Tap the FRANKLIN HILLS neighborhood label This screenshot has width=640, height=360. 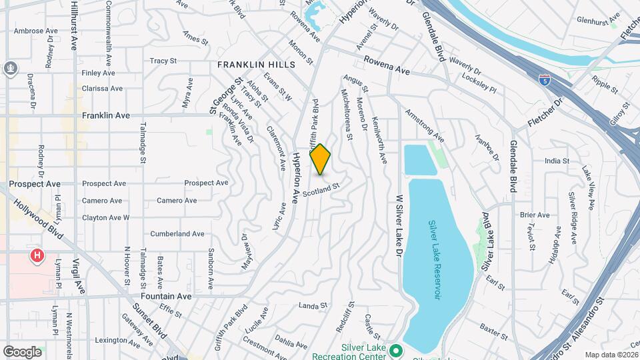[x=250, y=65]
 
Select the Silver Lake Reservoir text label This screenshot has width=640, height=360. [x=436, y=260]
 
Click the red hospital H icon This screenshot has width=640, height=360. [x=37, y=255]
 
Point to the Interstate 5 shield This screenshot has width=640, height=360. [x=545, y=79]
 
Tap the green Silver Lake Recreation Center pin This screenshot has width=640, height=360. [x=396, y=349]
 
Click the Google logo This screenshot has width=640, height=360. [x=22, y=351]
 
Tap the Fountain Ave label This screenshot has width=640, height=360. [x=166, y=296]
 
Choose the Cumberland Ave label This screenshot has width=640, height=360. [x=177, y=234]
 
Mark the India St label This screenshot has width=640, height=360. [x=557, y=161]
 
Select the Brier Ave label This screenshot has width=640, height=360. [x=535, y=215]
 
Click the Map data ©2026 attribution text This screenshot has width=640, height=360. [x=611, y=355]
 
